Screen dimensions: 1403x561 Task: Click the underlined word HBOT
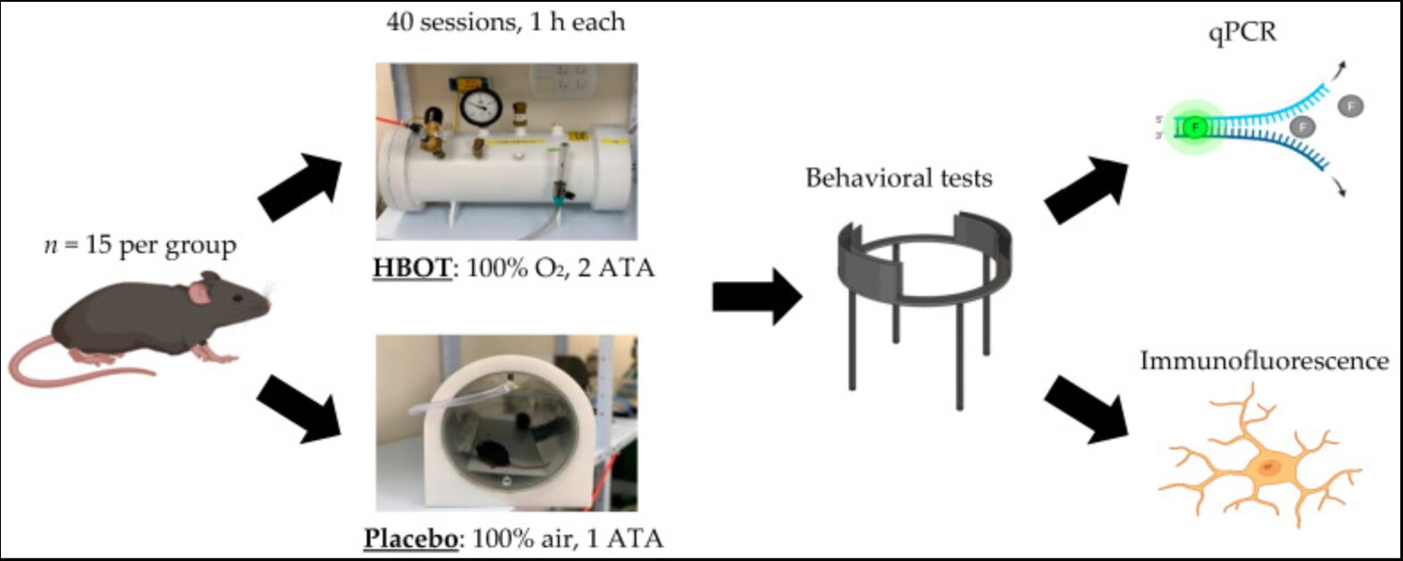412,268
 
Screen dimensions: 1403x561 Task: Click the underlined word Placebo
411,539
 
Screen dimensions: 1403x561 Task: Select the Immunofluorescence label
1265,361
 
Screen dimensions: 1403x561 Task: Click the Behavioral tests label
899,177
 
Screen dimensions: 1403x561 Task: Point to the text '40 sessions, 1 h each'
505,22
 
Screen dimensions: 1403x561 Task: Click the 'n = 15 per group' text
140,245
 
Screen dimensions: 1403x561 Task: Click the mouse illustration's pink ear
199,293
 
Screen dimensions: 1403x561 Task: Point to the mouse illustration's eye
238,298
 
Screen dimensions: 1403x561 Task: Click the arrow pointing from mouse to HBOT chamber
300,186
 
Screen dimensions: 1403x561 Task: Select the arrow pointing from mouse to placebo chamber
299,409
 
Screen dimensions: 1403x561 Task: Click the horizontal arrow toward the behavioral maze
757,297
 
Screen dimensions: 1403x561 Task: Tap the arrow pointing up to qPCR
1086,189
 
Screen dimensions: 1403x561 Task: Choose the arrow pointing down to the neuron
1086,409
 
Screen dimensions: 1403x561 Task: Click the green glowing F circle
1195,128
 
